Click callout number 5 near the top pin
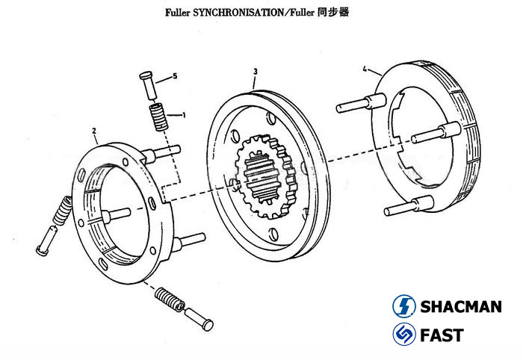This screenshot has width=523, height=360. (x=174, y=76)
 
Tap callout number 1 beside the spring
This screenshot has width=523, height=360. (x=183, y=115)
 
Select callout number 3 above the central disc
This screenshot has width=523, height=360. (x=255, y=72)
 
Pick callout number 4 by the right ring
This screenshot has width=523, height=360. (x=365, y=69)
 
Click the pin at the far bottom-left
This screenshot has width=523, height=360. (x=43, y=241)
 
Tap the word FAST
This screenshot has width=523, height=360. (x=441, y=335)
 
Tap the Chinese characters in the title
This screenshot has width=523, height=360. (x=335, y=13)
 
